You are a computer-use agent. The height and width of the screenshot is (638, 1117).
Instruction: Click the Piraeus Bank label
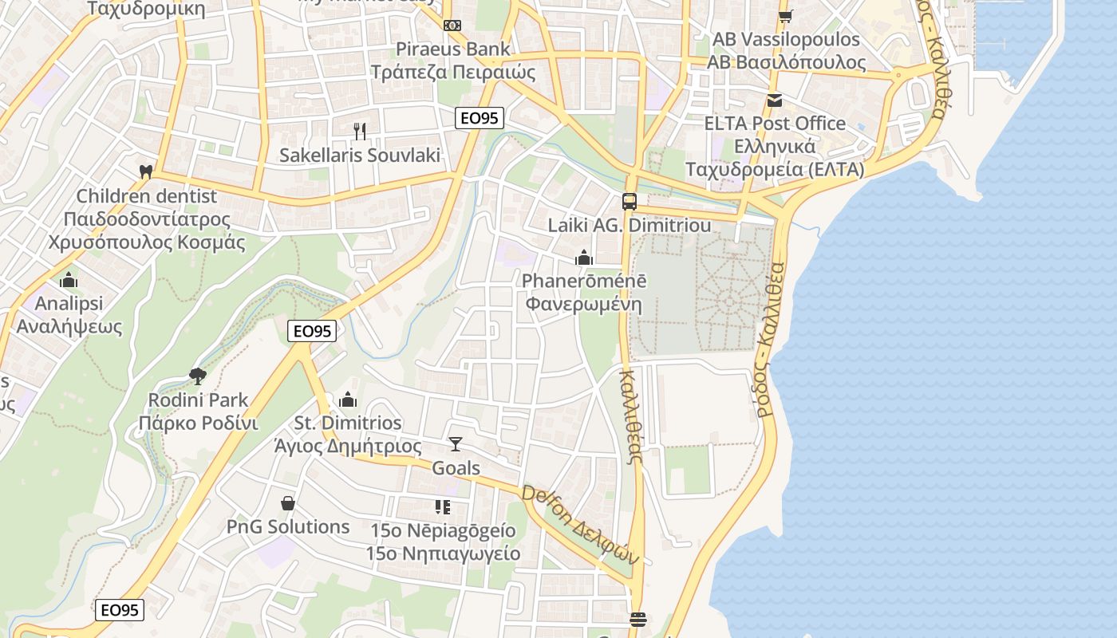coord(452,49)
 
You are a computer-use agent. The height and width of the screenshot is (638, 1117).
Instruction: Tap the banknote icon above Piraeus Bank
coord(452,26)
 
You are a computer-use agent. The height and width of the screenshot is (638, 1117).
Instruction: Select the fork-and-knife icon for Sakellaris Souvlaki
coord(360,131)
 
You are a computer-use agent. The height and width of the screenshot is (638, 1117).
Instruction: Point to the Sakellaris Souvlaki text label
coord(360,155)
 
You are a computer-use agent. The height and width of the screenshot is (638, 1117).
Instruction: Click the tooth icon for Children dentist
coord(146,171)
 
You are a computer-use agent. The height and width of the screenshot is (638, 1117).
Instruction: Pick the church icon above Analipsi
coord(69,280)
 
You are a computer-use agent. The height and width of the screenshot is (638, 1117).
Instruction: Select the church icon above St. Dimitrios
coord(348,400)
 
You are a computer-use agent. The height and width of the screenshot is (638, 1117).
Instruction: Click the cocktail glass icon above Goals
coord(456,444)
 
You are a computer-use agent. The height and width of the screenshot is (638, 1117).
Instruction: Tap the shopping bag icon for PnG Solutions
coord(288,503)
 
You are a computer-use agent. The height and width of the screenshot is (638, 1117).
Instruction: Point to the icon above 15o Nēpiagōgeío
coord(443,506)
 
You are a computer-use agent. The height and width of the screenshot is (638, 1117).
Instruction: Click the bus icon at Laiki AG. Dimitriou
coord(630,202)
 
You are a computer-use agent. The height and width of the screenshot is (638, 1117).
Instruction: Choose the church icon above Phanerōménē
coord(584,258)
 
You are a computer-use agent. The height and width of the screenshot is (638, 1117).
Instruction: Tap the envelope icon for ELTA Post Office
coord(774,100)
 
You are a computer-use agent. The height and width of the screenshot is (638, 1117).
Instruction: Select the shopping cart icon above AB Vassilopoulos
coord(786,16)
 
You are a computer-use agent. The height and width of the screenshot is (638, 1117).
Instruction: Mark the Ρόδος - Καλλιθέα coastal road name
coord(771,339)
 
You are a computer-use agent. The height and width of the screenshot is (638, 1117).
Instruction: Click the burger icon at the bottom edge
coord(637,619)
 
